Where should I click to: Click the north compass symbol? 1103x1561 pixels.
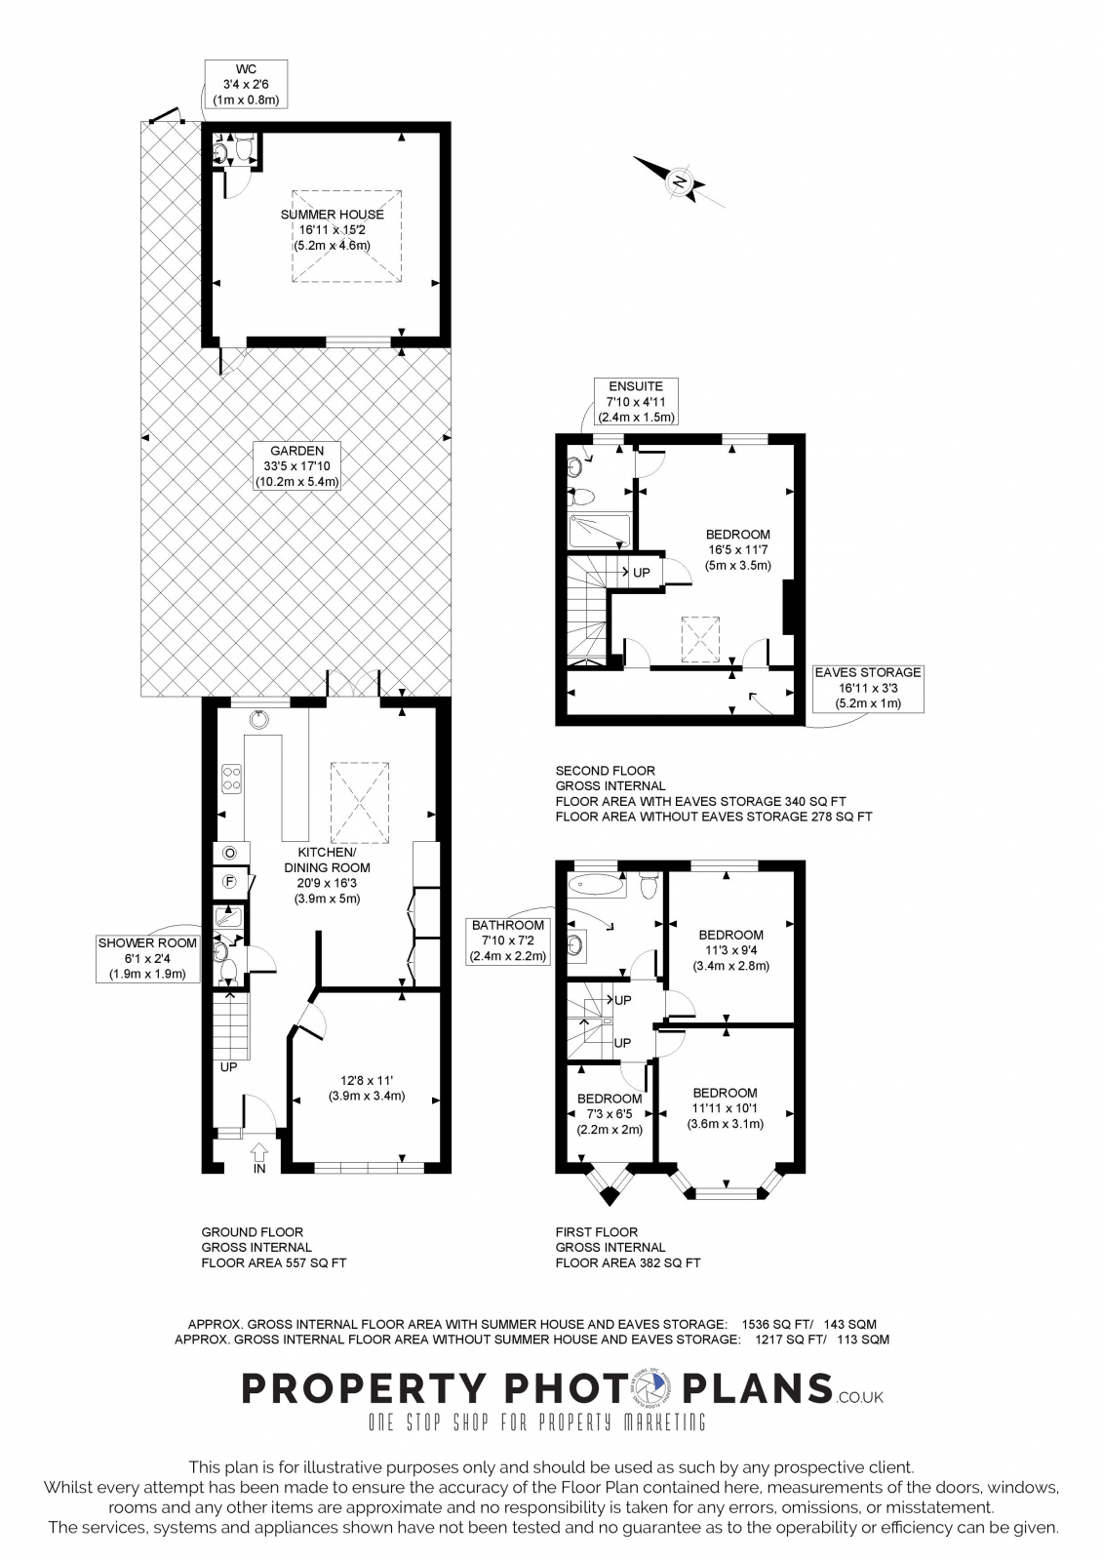click(679, 180)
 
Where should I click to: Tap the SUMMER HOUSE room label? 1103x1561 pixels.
click(333, 229)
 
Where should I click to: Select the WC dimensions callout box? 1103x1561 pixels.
click(246, 84)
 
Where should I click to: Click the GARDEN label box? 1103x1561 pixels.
click(296, 466)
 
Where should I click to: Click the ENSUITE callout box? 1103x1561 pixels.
click(636, 401)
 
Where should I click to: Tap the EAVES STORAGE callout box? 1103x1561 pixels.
click(868, 688)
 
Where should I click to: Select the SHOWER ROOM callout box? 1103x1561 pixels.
click(147, 958)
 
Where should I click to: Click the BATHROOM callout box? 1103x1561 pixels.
click(508, 941)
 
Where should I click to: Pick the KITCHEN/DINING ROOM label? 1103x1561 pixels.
click(327, 875)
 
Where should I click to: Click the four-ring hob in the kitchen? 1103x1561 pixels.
click(233, 778)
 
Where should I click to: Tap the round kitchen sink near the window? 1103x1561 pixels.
click(259, 720)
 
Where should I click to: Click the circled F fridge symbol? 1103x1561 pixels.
click(230, 882)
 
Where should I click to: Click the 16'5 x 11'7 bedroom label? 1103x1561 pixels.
click(738, 549)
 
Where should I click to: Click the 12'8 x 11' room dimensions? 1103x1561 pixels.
click(367, 1088)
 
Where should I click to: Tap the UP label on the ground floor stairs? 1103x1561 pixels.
click(228, 1067)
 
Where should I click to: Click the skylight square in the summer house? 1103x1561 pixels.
click(346, 236)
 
